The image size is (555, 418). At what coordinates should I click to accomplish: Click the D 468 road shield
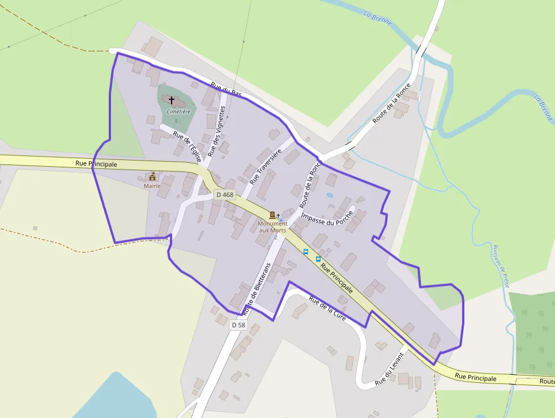(225, 195)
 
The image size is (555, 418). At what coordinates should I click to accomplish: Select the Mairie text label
(152, 185)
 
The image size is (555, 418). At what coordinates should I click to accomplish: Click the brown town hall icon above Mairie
(152, 176)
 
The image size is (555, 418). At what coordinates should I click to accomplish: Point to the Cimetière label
(178, 112)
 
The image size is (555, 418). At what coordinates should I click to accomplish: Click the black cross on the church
(172, 100)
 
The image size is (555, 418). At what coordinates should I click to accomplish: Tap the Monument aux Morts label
(273, 227)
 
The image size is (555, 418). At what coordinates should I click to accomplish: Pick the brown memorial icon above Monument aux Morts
(272, 215)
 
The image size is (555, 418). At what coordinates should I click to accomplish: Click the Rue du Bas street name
(226, 91)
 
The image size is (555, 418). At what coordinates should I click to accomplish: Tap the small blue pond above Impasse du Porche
(330, 195)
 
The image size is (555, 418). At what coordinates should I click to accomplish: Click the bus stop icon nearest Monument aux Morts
(306, 251)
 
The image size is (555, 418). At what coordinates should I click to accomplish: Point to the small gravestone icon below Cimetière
(176, 120)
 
